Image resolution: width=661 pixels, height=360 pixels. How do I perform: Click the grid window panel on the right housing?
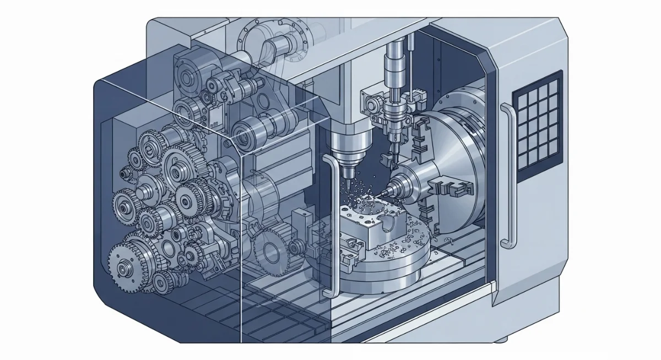click(x=537, y=126)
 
